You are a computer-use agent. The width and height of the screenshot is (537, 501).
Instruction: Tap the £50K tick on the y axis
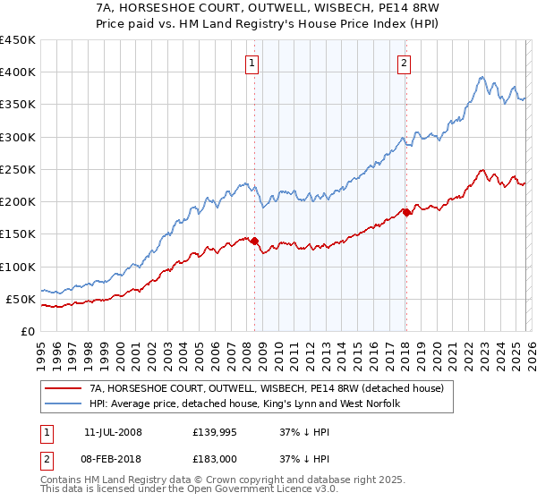pos(21,299)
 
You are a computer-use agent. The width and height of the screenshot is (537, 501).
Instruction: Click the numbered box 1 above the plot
pos(252,63)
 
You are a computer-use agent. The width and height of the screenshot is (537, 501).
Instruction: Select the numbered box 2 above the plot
pos(405,63)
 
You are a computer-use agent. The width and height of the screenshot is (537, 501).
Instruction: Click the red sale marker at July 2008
pos(254,241)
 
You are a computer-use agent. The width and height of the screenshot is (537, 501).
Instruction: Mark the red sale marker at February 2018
pos(405,212)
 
